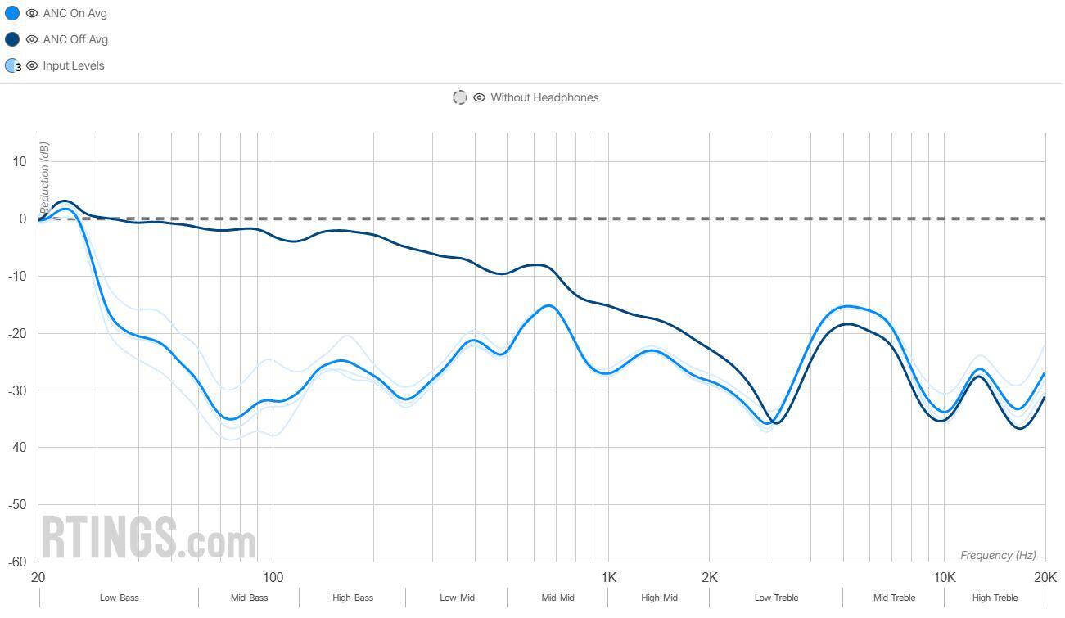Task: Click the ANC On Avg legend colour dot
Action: tap(12, 13)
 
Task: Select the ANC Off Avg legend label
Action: tap(75, 39)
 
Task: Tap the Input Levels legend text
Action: tap(74, 65)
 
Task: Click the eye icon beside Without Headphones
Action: tap(480, 97)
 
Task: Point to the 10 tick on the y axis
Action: tap(19, 162)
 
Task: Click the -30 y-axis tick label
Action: tap(16, 390)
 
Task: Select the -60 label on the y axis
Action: tap(16, 562)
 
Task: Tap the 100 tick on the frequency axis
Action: tap(273, 577)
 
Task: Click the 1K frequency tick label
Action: tap(608, 577)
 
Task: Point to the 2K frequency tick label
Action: tap(709, 577)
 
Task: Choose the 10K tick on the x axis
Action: tap(944, 577)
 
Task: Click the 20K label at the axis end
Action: tap(1045, 577)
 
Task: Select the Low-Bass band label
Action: tap(120, 598)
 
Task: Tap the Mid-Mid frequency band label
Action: tap(557, 598)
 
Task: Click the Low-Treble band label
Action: tap(776, 598)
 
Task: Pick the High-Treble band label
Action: tap(995, 598)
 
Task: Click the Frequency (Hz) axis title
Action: tap(998, 555)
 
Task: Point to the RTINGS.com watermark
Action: tap(148, 538)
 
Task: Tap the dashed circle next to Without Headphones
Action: tap(460, 97)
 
